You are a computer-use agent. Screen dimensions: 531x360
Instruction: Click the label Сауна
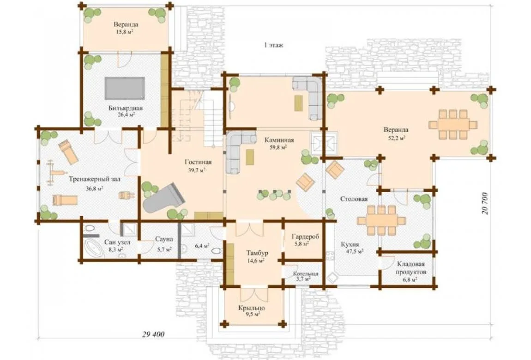click(x=164, y=239)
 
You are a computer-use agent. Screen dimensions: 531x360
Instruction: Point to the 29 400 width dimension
click(x=153, y=334)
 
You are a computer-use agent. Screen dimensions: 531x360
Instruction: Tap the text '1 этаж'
click(x=274, y=45)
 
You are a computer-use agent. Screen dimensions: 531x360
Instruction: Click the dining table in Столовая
click(x=381, y=220)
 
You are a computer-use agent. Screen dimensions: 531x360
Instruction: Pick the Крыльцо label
click(x=252, y=308)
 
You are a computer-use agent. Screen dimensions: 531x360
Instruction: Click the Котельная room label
click(x=306, y=274)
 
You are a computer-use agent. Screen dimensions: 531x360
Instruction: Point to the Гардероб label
click(x=306, y=237)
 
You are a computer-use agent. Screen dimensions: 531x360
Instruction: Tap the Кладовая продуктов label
click(x=411, y=268)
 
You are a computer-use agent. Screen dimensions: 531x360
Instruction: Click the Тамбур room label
click(x=257, y=253)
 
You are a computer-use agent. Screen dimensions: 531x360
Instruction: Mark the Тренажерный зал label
click(x=95, y=180)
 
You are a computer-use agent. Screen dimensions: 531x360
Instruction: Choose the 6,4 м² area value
click(x=202, y=246)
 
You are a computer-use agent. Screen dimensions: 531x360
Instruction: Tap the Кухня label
click(x=350, y=244)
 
